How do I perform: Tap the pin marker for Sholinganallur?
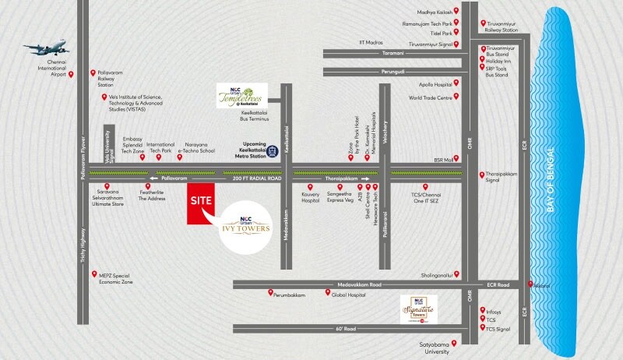click(x=456, y=274)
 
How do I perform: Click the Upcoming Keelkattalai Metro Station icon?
click(x=273, y=149)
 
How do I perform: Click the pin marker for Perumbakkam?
click(x=269, y=295)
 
